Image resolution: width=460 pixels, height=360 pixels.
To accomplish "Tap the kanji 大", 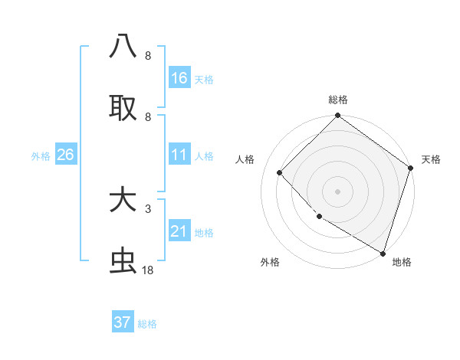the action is [x=123, y=201].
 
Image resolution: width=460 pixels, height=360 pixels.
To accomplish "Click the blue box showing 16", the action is [x=179, y=78].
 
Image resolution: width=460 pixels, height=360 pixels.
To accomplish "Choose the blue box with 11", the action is [x=179, y=155].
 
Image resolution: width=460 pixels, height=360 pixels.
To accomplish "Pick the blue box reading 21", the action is [x=179, y=231].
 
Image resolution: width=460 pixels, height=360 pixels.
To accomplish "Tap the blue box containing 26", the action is [x=65, y=155].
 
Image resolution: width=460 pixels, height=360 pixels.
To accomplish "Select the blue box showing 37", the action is [x=123, y=322].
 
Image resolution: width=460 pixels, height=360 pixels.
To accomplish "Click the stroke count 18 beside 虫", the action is [x=148, y=270].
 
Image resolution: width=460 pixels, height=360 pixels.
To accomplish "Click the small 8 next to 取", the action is [x=147, y=116].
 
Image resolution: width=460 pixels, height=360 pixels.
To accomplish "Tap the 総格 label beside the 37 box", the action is [x=147, y=324].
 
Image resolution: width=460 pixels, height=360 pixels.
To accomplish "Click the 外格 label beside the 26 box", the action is [x=41, y=156].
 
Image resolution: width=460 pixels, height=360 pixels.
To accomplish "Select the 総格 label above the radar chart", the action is [x=338, y=100].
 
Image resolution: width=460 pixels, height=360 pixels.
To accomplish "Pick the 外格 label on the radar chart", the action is [x=270, y=262].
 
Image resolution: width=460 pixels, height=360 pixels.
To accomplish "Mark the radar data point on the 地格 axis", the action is [x=383, y=252].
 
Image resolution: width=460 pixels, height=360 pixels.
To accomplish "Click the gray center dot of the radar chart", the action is [x=338, y=191].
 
